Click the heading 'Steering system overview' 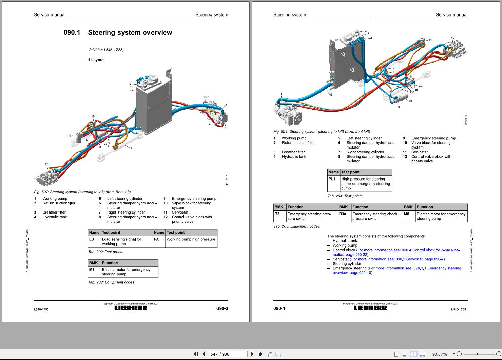click(x=130, y=33)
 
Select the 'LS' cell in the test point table click(x=92, y=239)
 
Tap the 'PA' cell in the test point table click(x=156, y=239)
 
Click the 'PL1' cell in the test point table click(x=332, y=179)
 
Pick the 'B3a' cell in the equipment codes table click(x=343, y=214)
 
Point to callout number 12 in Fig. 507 click(x=46, y=164)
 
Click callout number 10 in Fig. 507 click(x=93, y=117)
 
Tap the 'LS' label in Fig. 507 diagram click(x=226, y=105)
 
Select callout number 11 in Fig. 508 click(x=430, y=40)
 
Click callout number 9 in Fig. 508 click(x=399, y=107)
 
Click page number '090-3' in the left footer click(x=222, y=308)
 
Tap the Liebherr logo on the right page click(x=370, y=308)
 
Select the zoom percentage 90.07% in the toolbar click(x=440, y=354)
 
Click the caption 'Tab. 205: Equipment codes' click(x=297, y=226)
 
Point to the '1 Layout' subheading click(x=96, y=60)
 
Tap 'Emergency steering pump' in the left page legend click(x=194, y=199)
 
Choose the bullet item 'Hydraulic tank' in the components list click(x=344, y=241)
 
